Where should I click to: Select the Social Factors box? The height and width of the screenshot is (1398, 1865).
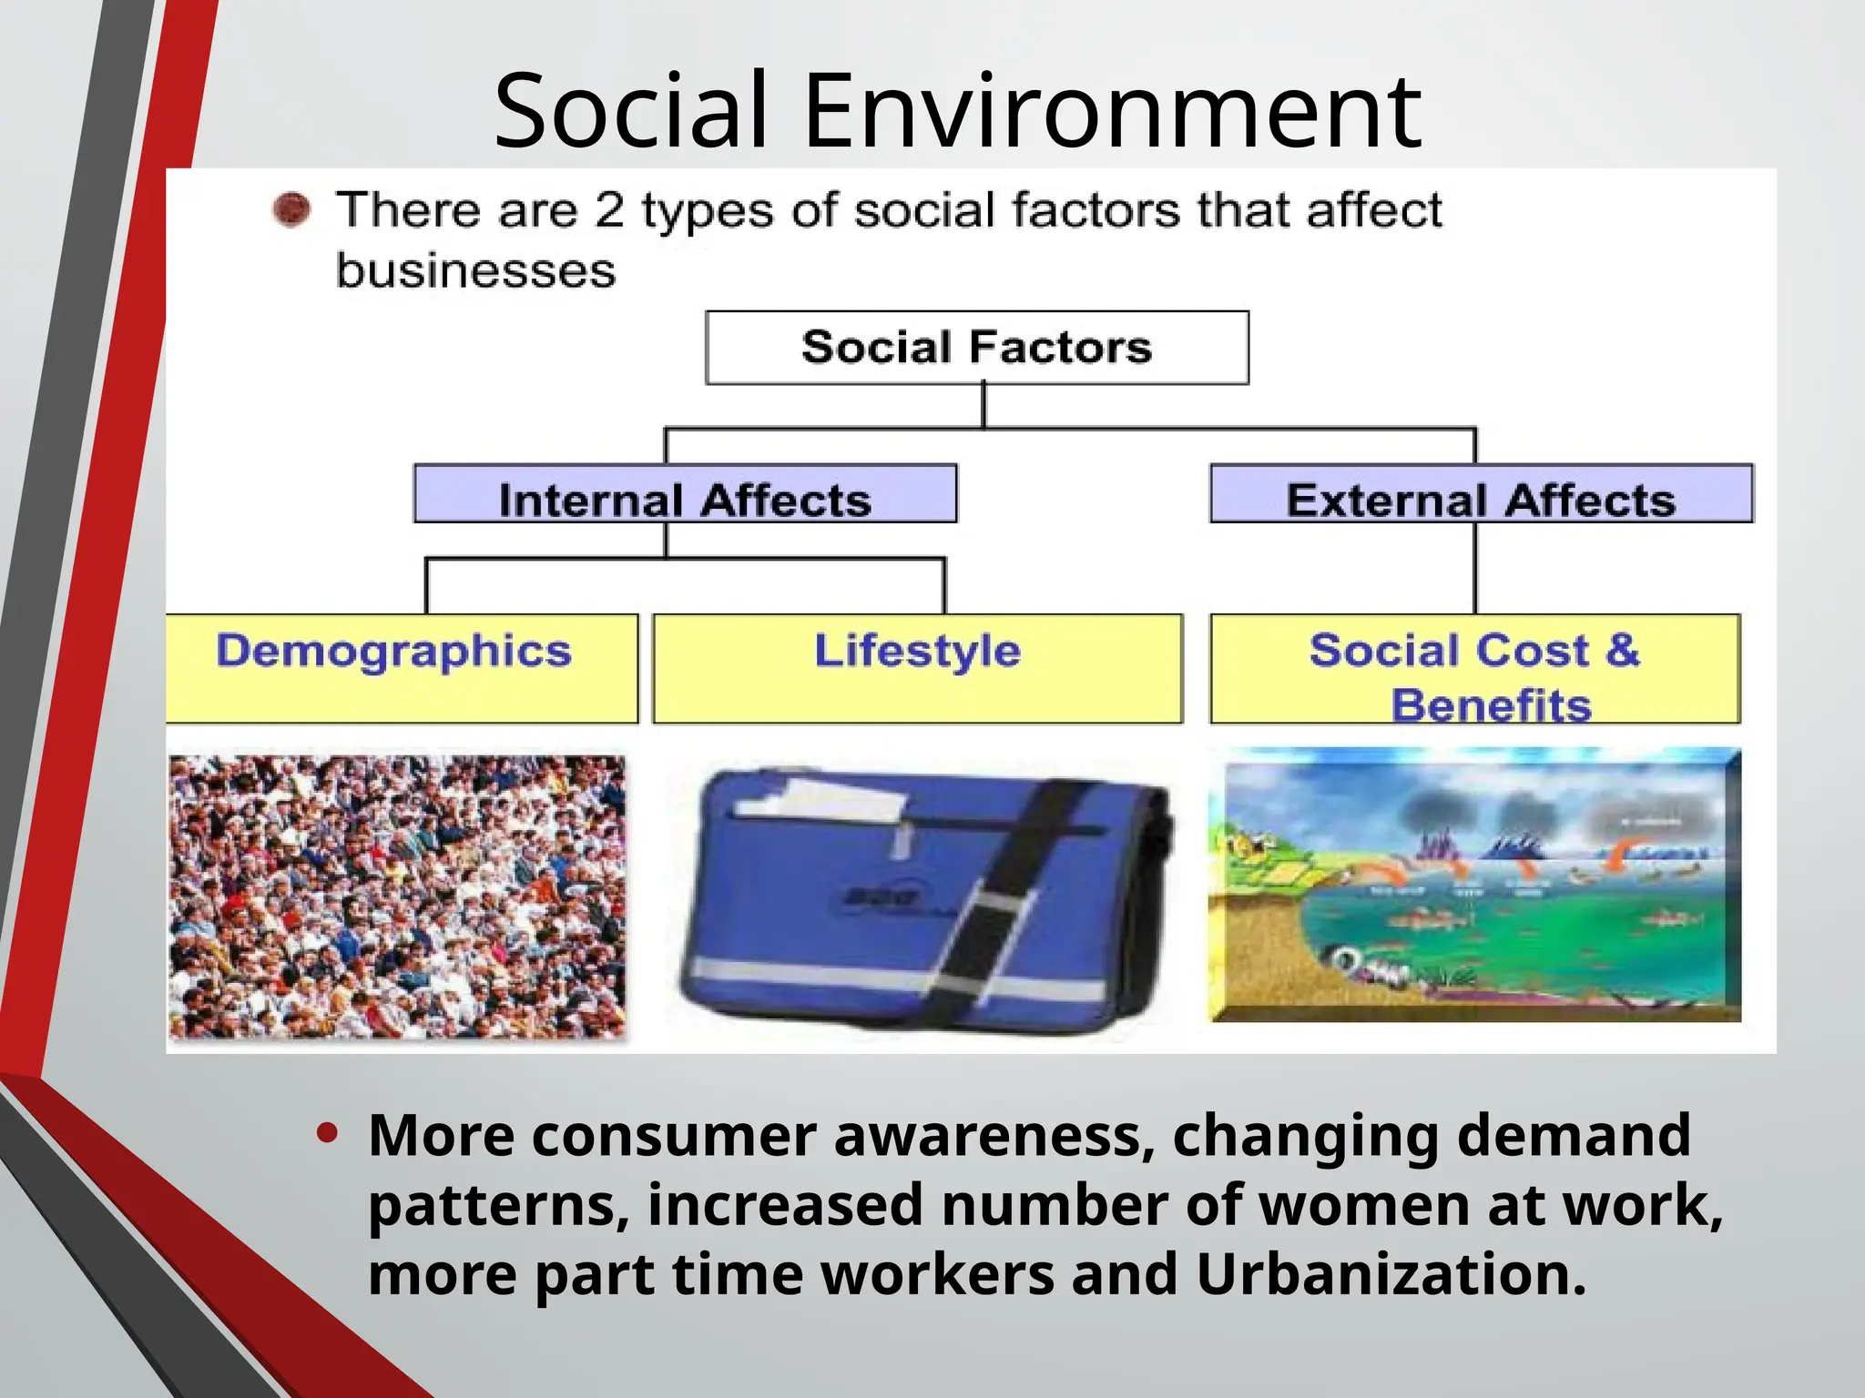976,348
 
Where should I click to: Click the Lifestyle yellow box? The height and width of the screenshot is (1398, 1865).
918,669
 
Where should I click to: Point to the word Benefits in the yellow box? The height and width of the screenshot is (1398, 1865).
1491,705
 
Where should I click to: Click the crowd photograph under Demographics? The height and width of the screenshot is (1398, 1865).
398,897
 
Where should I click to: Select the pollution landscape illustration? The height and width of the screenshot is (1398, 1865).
1474,885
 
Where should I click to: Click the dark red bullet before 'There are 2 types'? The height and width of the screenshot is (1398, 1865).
291,210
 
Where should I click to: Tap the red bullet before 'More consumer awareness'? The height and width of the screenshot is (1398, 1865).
327,1133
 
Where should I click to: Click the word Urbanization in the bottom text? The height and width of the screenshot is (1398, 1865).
1391,1274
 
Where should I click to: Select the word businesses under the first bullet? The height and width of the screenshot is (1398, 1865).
475,271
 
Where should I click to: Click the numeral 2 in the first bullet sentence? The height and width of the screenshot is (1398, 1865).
608,210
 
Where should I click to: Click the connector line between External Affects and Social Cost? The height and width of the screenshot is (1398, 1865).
1474,569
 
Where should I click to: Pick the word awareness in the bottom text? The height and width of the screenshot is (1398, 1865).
994,1136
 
